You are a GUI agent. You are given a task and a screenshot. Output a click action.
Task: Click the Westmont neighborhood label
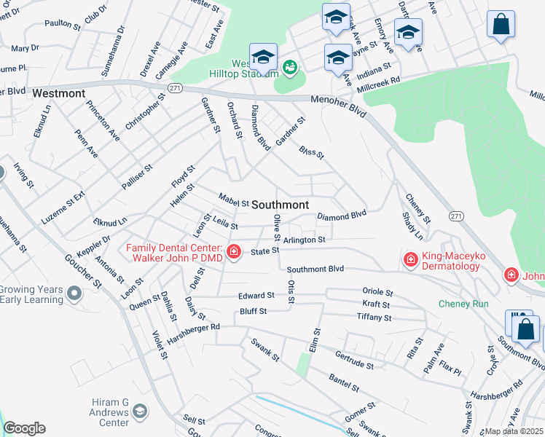(x=58, y=94)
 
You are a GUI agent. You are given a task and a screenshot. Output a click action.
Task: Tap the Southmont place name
(x=281, y=205)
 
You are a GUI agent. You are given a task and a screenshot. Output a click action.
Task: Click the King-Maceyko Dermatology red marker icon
(x=410, y=259)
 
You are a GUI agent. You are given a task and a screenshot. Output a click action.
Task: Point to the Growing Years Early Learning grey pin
(x=74, y=294)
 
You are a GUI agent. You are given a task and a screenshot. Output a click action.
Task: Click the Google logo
(x=24, y=429)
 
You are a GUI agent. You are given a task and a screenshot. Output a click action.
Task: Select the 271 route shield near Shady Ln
(x=456, y=216)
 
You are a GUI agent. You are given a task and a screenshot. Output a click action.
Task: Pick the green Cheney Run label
(x=463, y=304)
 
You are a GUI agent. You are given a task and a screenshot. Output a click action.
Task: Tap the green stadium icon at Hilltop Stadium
(x=290, y=68)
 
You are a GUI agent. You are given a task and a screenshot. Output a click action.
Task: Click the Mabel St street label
(x=234, y=199)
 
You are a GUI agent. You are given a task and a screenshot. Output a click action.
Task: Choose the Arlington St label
(x=304, y=239)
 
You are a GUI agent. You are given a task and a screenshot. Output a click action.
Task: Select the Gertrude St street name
(x=355, y=359)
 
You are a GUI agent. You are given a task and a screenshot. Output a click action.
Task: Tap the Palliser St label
(x=137, y=177)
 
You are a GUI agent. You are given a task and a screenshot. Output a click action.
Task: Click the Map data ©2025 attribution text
(x=514, y=431)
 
